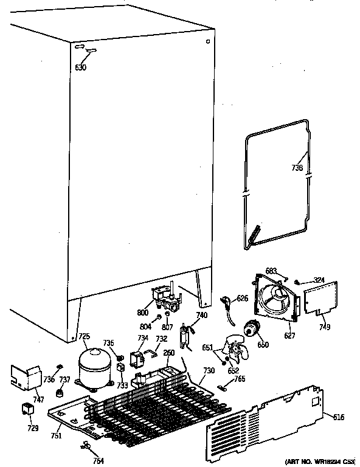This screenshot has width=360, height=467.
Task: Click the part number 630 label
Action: [80, 67]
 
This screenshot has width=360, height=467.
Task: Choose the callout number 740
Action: [201, 316]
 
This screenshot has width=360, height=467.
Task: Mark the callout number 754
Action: [97, 460]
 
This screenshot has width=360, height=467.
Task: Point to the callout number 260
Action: [168, 353]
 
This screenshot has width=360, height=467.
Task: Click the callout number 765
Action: [240, 379]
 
